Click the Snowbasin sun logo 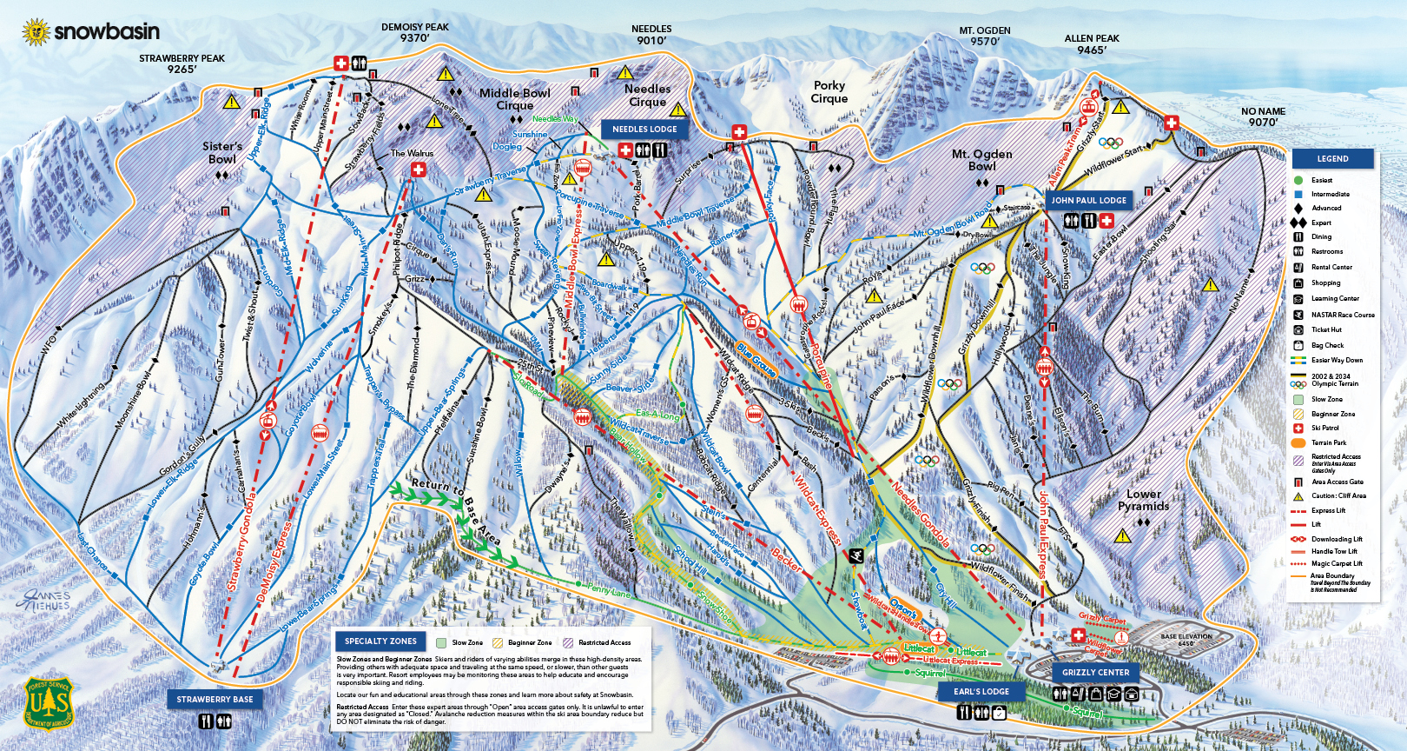pyautogui.click(x=36, y=32)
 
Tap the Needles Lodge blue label pyautogui.click(x=644, y=129)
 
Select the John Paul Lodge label pyautogui.click(x=1088, y=200)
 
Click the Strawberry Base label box pyautogui.click(x=215, y=699)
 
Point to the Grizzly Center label pyautogui.click(x=1095, y=672)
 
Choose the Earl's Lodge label pyautogui.click(x=981, y=691)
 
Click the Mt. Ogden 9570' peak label pyautogui.click(x=984, y=36)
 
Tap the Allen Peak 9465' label pyautogui.click(x=1092, y=44)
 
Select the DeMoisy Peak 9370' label pyautogui.click(x=414, y=32)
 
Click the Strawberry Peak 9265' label pyautogui.click(x=182, y=63)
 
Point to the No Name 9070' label pyautogui.click(x=1263, y=116)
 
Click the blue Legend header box pyautogui.click(x=1332, y=159)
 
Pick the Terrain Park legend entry pyautogui.click(x=1328, y=442)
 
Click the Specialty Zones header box pyautogui.click(x=380, y=641)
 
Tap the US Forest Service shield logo pyautogui.click(x=49, y=702)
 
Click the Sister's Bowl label pyautogui.click(x=222, y=152)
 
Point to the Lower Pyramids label pyautogui.click(x=1143, y=500)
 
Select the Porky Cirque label pyautogui.click(x=829, y=91)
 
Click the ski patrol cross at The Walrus pyautogui.click(x=419, y=169)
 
